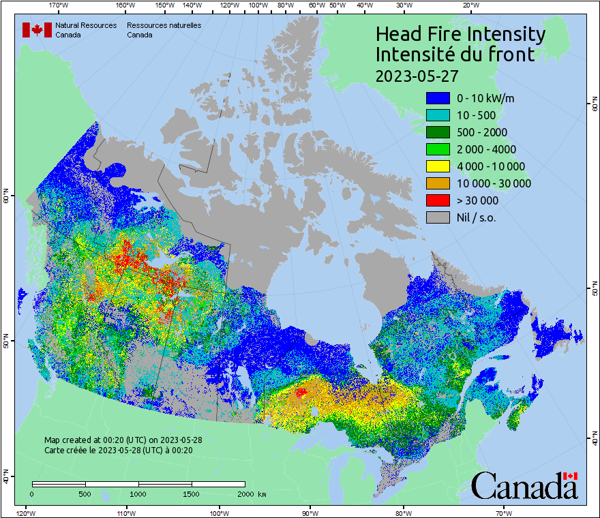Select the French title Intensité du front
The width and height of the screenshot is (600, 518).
(455, 55)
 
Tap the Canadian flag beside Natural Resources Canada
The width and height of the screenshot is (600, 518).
(37, 30)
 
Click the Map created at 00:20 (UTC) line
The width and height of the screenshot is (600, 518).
(123, 440)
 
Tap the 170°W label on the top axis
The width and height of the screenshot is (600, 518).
(59, 5)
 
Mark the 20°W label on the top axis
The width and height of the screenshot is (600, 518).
(469, 5)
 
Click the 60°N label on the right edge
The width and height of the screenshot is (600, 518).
(593, 106)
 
